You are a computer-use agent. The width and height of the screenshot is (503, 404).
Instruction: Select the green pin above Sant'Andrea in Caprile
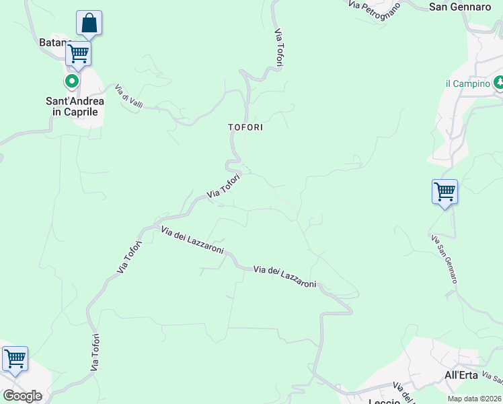tap(71, 82)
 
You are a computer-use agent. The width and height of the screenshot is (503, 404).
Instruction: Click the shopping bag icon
tap(89, 24)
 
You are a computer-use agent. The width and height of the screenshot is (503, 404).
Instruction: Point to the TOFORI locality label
tap(245, 127)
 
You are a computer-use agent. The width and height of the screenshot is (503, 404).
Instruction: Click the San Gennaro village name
tap(460, 7)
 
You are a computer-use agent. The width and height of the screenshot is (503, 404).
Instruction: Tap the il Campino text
tap(467, 83)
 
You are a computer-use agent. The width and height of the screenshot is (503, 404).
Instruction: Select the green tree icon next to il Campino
tap(498, 83)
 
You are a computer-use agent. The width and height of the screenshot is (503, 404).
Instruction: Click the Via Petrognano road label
tap(374, 6)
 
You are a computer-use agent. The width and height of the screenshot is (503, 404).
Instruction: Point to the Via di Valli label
tap(129, 95)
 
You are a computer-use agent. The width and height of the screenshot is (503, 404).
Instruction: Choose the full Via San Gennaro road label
tap(444, 259)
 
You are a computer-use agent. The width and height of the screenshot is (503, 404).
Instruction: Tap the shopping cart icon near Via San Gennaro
tap(444, 192)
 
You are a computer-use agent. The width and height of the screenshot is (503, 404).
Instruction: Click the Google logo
tap(22, 396)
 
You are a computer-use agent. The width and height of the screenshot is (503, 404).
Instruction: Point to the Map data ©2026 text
tap(475, 399)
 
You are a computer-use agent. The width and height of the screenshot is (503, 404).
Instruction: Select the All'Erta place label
tap(461, 375)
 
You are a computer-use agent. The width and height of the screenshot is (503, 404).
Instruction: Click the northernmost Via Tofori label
tap(278, 47)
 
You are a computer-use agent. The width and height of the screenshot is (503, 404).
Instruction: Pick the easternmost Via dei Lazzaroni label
tap(284, 277)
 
